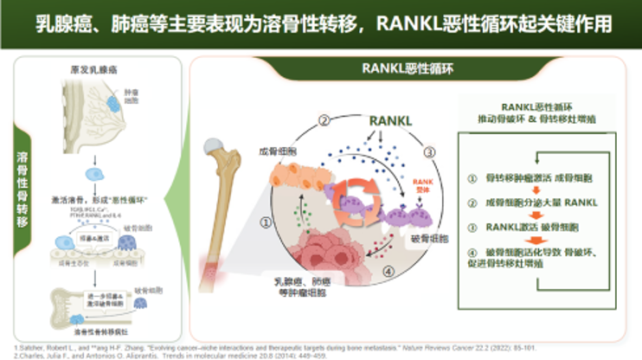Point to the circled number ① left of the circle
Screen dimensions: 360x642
click(266, 222)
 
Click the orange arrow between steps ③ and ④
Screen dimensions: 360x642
click(541, 240)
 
